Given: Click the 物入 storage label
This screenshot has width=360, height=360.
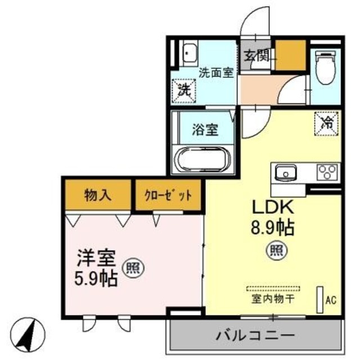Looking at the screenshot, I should pyautogui.click(x=98, y=195).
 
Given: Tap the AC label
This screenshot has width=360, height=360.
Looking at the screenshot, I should pyautogui.click(x=331, y=300).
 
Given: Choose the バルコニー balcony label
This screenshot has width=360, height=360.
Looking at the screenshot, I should pyautogui.click(x=255, y=336).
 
